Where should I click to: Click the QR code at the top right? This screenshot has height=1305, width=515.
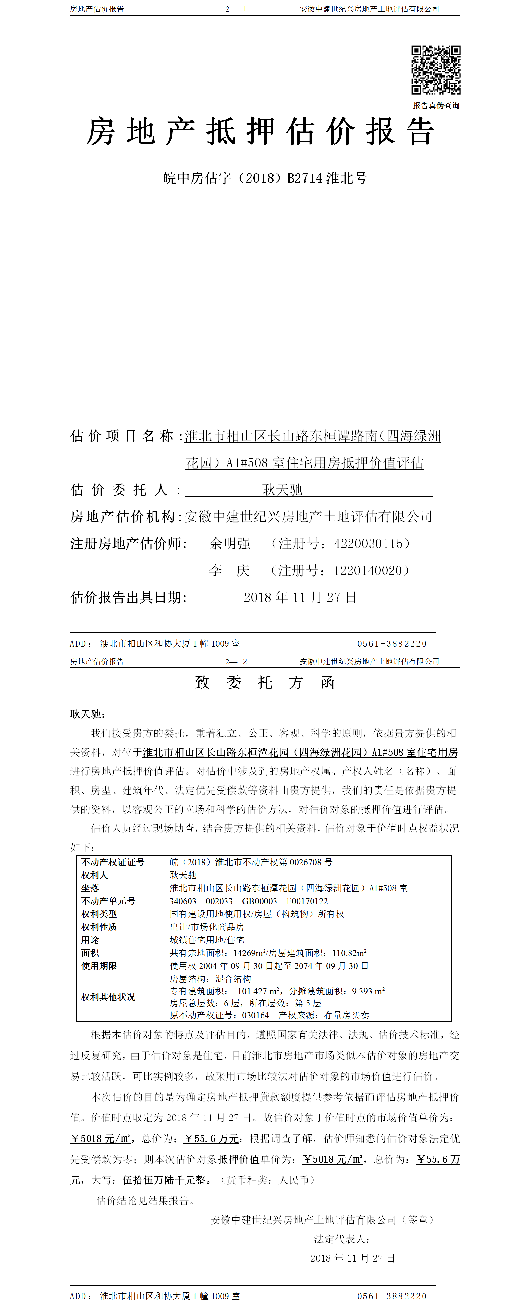coord(436,70)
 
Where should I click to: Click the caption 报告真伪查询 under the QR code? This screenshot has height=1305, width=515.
coord(436,106)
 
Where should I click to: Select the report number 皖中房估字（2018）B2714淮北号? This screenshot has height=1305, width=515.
coord(264,178)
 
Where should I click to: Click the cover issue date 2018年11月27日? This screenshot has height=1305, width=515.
coord(300,597)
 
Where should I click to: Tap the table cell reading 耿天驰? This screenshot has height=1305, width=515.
coord(183,875)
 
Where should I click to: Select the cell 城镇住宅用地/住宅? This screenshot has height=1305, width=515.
coord(207,940)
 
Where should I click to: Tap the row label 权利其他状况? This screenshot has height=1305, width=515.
coord(108,997)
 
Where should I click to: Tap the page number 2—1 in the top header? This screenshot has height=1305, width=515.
coord(236,9)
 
